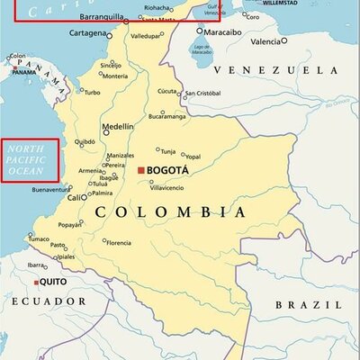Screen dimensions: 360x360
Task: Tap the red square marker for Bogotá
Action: pyautogui.click(x=140, y=169)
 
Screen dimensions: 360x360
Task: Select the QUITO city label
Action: pyautogui.click(x=53, y=282)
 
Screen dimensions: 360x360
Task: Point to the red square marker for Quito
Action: pyautogui.click(x=36, y=283)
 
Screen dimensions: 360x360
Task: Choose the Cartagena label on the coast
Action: pyautogui.click(x=89, y=33)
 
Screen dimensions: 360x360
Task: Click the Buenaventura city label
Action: pyautogui.click(x=50, y=190)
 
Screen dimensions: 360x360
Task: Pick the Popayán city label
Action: pyautogui.click(x=69, y=224)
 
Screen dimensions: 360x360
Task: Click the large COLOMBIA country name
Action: pyautogui.click(x=170, y=211)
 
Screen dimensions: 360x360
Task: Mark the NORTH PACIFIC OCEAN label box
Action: pyautogui.click(x=29, y=159)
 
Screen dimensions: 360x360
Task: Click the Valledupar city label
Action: pyautogui.click(x=144, y=36)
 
